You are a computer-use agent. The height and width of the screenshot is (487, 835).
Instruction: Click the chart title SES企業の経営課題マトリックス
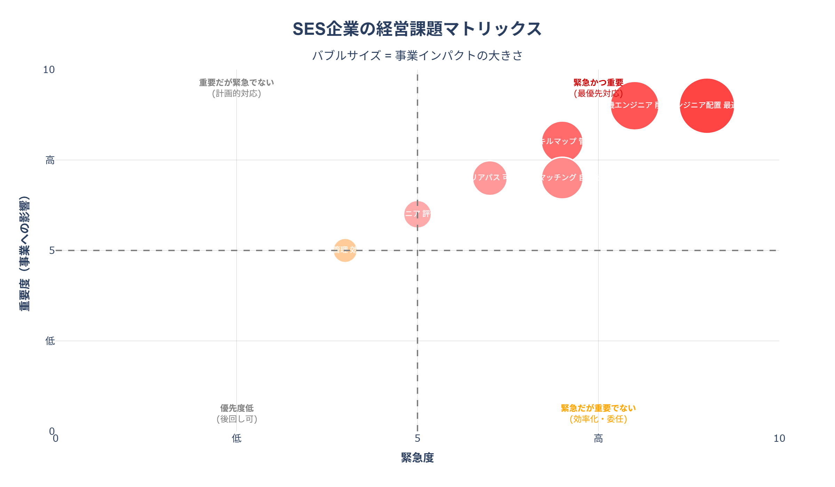click(417, 29)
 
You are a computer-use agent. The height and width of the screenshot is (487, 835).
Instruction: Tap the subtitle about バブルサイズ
click(417, 56)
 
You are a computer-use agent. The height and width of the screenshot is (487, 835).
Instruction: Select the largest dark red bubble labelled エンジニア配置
click(707, 106)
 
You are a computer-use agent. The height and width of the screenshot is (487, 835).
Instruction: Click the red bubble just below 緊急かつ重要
click(634, 106)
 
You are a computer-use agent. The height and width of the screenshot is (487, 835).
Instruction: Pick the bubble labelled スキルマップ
click(562, 141)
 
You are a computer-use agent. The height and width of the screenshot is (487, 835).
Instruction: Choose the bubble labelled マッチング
click(562, 178)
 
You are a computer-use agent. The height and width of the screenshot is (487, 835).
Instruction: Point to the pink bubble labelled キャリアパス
click(490, 178)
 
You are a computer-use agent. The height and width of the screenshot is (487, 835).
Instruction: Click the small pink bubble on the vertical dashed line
click(417, 214)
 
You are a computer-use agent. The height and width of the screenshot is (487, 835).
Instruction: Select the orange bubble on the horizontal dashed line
click(345, 250)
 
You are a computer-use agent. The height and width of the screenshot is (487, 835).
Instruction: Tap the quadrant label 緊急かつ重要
click(598, 83)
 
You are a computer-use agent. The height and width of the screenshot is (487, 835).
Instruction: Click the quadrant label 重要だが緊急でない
click(237, 83)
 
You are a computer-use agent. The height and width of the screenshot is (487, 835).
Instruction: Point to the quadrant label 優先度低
click(237, 408)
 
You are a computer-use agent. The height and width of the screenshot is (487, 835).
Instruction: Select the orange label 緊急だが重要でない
click(598, 408)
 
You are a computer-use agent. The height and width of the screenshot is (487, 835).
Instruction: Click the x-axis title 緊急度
click(417, 458)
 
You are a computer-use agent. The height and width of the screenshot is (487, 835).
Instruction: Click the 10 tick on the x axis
click(779, 439)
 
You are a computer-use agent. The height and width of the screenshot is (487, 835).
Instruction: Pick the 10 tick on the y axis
click(49, 70)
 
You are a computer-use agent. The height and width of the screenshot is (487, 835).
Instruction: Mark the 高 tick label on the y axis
click(50, 160)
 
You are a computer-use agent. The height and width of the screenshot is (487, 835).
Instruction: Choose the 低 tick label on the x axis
click(237, 439)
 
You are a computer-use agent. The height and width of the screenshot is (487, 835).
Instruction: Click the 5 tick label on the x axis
click(417, 439)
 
